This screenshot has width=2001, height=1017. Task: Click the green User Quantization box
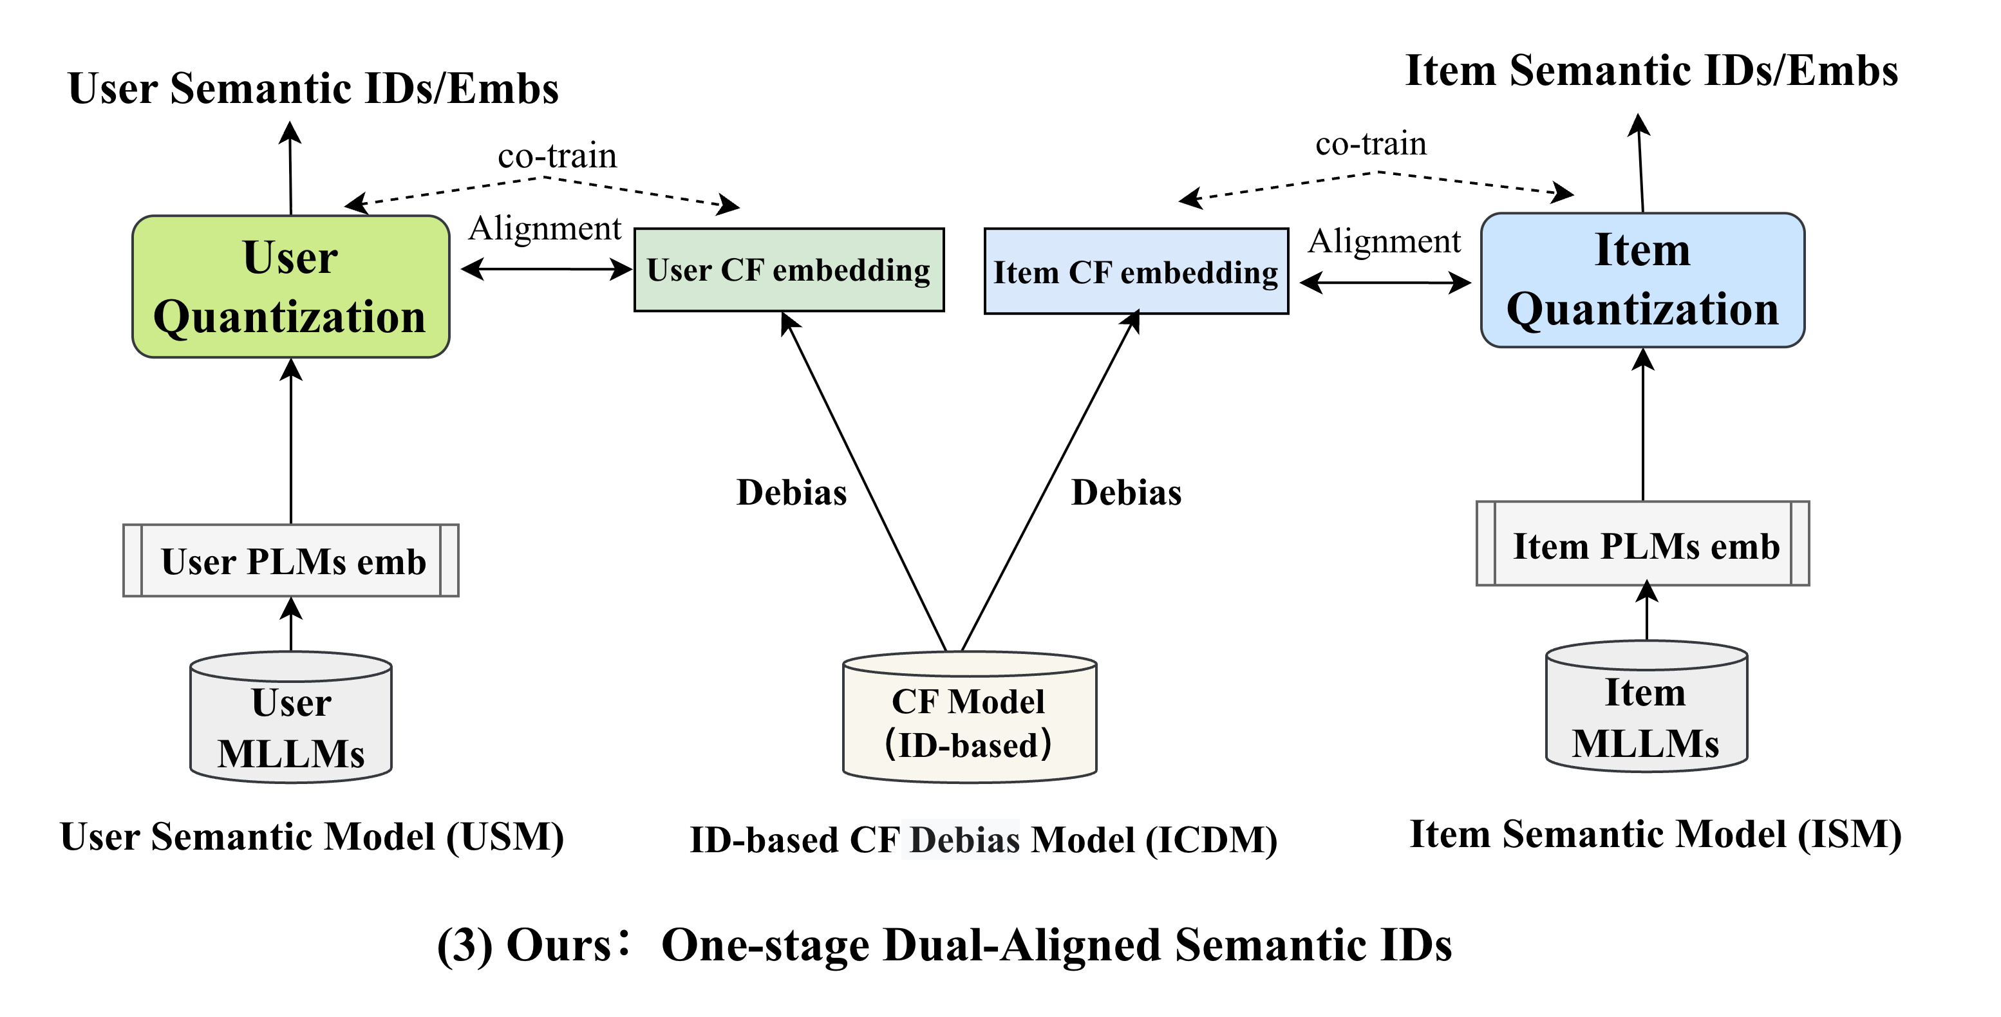click(x=290, y=286)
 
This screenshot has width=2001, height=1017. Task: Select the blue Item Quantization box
click(x=1642, y=280)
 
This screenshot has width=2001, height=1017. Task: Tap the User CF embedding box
click(x=789, y=270)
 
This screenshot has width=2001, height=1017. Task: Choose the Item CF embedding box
click(x=1136, y=272)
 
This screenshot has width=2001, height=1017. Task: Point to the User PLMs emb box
click(x=290, y=561)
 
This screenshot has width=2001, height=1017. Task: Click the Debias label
click(x=961, y=839)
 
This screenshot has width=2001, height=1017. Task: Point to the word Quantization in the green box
click(x=289, y=317)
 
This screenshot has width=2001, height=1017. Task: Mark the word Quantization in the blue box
click(x=1642, y=310)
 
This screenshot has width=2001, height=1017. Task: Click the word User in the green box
click(x=290, y=257)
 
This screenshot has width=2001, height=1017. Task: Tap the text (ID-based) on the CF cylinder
click(x=968, y=745)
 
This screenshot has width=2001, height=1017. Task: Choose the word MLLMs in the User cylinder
click(x=290, y=754)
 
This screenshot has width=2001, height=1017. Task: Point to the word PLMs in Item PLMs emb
click(x=1652, y=546)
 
